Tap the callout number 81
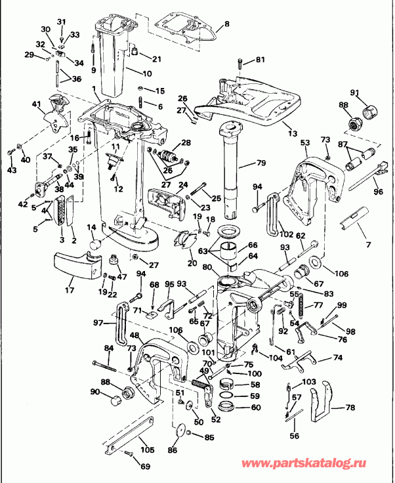coord(260,61)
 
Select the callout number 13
coord(293,133)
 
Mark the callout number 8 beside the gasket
coord(227,24)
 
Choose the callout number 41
coord(35,104)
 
